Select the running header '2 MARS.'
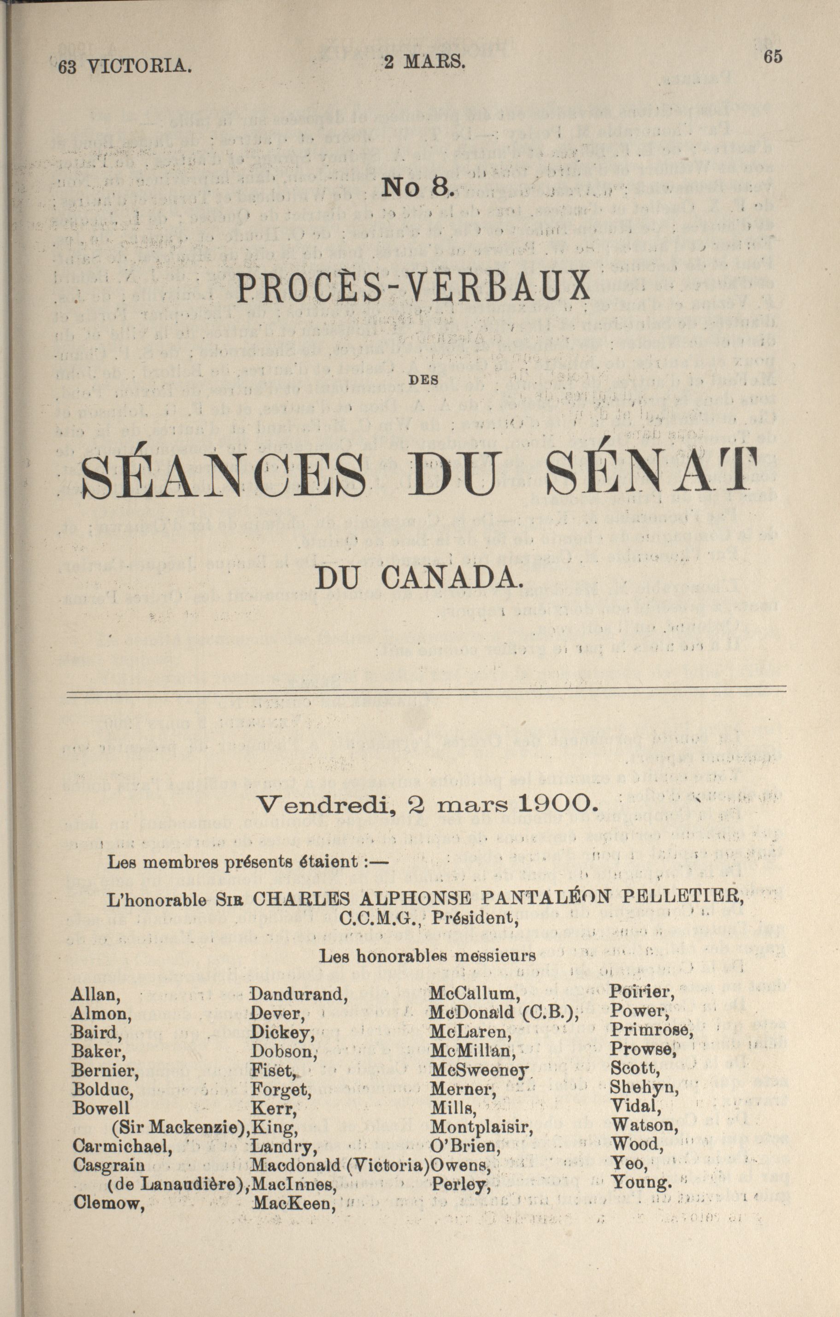(424, 62)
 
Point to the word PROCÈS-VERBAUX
(413, 286)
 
